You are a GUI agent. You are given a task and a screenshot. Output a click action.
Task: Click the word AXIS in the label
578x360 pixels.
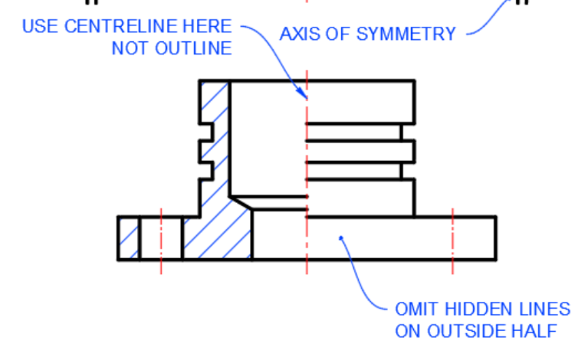297,34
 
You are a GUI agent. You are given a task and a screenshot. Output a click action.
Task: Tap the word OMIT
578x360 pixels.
414,309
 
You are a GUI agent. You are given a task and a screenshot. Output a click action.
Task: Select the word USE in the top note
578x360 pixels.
38,27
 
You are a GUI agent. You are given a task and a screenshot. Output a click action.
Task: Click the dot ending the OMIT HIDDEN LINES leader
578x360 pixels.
341,239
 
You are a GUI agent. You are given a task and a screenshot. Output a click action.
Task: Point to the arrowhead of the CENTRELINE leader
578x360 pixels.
304,96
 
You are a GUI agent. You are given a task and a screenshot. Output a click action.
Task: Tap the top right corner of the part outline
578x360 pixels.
414,80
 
